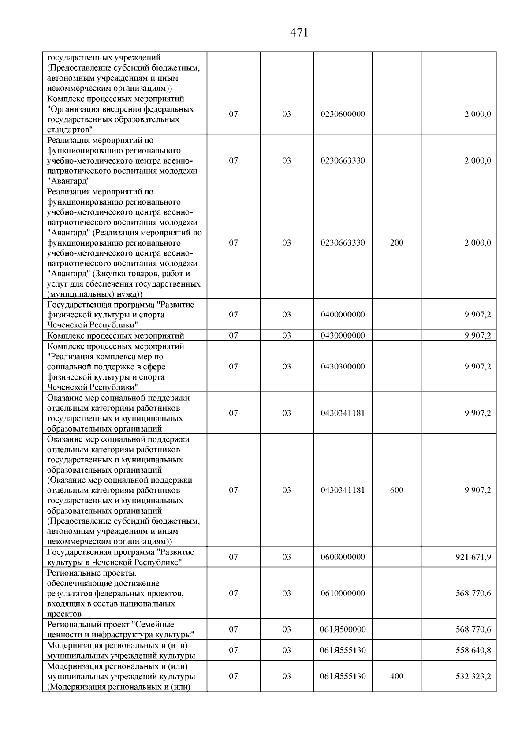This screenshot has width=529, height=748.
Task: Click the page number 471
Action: tap(299, 33)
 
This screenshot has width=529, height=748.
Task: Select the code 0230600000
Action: tap(343, 114)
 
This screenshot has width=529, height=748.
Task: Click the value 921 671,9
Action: tap(473, 557)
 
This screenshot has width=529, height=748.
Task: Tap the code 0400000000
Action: tap(343, 315)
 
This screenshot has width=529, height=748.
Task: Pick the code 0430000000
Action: tap(343, 335)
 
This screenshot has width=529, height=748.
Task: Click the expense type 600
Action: tap(396, 490)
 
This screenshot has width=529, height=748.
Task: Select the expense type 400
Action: tap(396, 676)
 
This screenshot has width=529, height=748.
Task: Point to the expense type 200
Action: tap(396, 243)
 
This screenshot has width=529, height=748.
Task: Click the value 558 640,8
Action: tap(473, 650)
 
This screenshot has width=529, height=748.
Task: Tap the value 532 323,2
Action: tap(473, 676)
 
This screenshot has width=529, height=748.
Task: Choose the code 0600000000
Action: tap(343, 557)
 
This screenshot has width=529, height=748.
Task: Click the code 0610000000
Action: tap(343, 593)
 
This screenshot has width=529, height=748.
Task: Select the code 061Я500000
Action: tap(343, 629)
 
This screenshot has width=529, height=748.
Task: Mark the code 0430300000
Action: tap(343, 367)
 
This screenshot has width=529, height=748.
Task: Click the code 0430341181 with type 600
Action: tap(343, 490)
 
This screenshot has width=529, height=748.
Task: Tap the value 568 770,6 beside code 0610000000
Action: tap(473, 593)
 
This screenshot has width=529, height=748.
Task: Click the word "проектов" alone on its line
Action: tap(64, 614)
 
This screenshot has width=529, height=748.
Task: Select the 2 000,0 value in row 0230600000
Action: tap(477, 114)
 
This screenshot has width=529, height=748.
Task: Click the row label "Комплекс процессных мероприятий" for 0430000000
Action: tap(115, 335)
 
